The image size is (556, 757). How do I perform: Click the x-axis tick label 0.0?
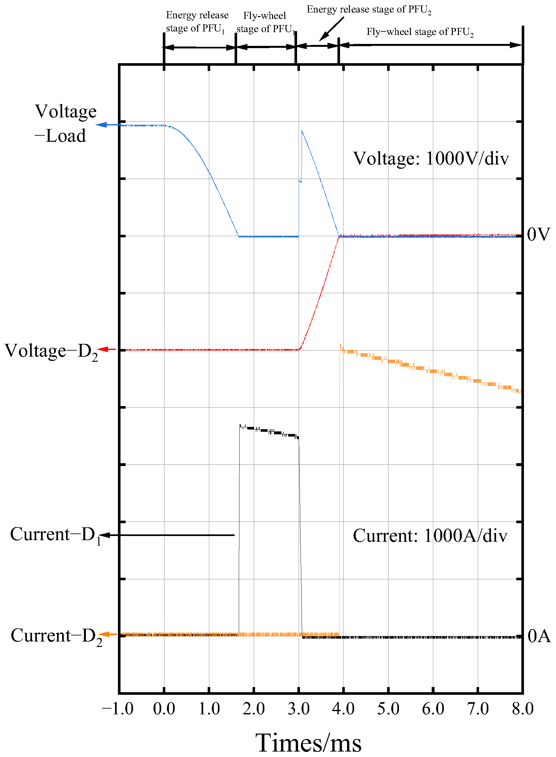click(x=164, y=709)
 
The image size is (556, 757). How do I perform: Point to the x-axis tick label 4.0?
click(x=343, y=709)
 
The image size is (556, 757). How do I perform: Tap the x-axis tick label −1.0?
click(x=118, y=709)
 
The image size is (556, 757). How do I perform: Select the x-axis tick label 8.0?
click(x=522, y=709)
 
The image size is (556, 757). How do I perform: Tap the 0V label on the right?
click(x=538, y=234)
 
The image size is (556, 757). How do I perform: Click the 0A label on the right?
click(x=539, y=636)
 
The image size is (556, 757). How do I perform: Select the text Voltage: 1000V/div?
click(x=430, y=158)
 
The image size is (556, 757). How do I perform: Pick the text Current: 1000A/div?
click(x=430, y=536)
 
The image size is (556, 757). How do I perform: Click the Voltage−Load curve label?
click(x=65, y=123)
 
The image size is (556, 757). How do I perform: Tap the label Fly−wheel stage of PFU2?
click(x=420, y=32)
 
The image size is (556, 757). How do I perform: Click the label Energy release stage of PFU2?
click(x=369, y=10)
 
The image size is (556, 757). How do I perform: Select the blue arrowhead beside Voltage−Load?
click(x=101, y=125)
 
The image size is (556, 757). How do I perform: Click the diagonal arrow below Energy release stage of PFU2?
click(x=331, y=29)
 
